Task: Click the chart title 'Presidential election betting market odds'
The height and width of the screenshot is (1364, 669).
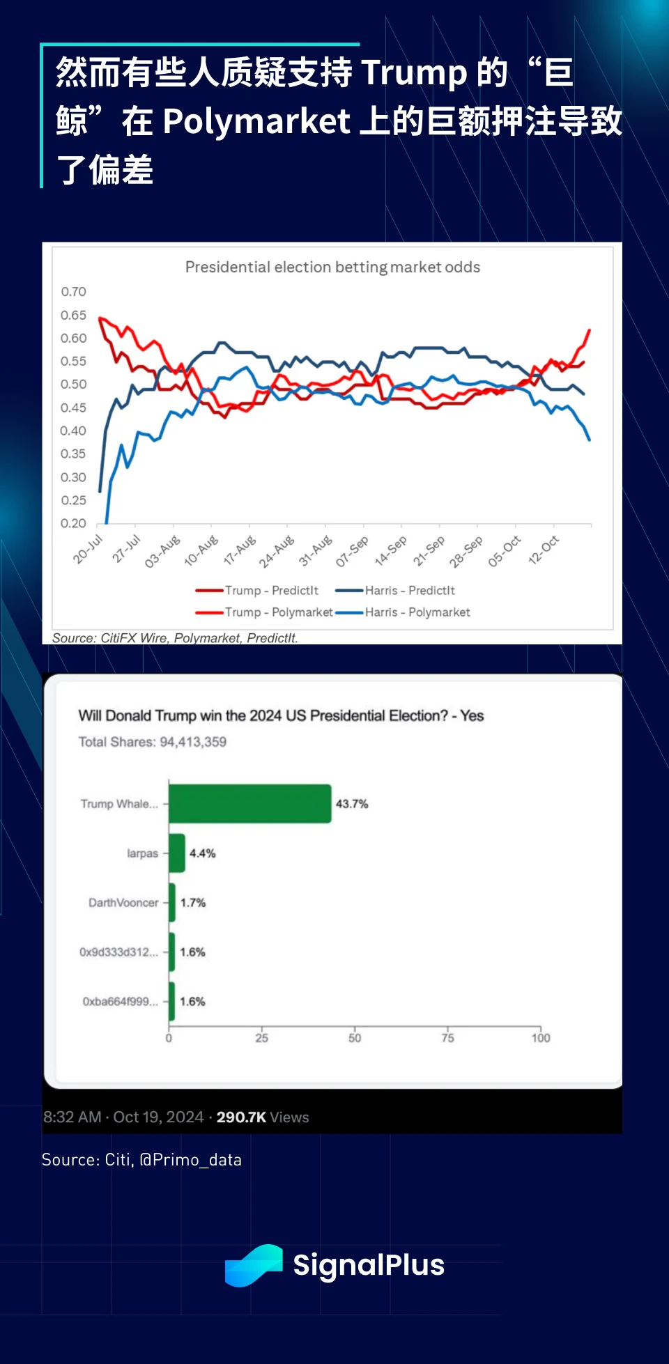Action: pyautogui.click(x=332, y=267)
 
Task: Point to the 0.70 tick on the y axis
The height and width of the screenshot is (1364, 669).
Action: pyautogui.click(x=73, y=292)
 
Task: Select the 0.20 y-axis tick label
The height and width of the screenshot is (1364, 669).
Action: pyautogui.click(x=73, y=523)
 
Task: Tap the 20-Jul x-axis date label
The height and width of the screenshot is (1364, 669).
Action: pyautogui.click(x=89, y=549)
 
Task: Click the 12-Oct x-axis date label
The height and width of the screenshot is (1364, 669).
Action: pyautogui.click(x=544, y=550)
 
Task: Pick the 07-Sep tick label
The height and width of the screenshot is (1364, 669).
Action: pyautogui.click(x=352, y=551)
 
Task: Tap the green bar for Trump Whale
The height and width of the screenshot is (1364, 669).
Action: pyautogui.click(x=249, y=804)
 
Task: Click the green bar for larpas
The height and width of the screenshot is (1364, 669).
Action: pyautogui.click(x=177, y=853)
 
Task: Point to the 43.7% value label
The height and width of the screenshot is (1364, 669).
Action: pyautogui.click(x=352, y=804)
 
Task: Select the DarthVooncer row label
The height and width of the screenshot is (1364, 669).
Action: pyautogui.click(x=123, y=903)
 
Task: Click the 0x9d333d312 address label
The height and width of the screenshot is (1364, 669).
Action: pyautogui.click(x=118, y=952)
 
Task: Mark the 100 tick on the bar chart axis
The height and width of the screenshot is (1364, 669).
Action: pyautogui.click(x=541, y=1038)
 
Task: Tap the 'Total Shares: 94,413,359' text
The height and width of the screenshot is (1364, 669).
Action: pyautogui.click(x=153, y=742)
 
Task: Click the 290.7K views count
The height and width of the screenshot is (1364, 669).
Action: pyautogui.click(x=241, y=1117)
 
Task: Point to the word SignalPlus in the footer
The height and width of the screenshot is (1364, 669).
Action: pyautogui.click(x=369, y=1266)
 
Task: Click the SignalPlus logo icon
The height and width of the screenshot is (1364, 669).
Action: pyautogui.click(x=254, y=1265)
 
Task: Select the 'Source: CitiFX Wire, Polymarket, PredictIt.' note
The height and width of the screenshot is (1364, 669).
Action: pyautogui.click(x=175, y=638)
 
